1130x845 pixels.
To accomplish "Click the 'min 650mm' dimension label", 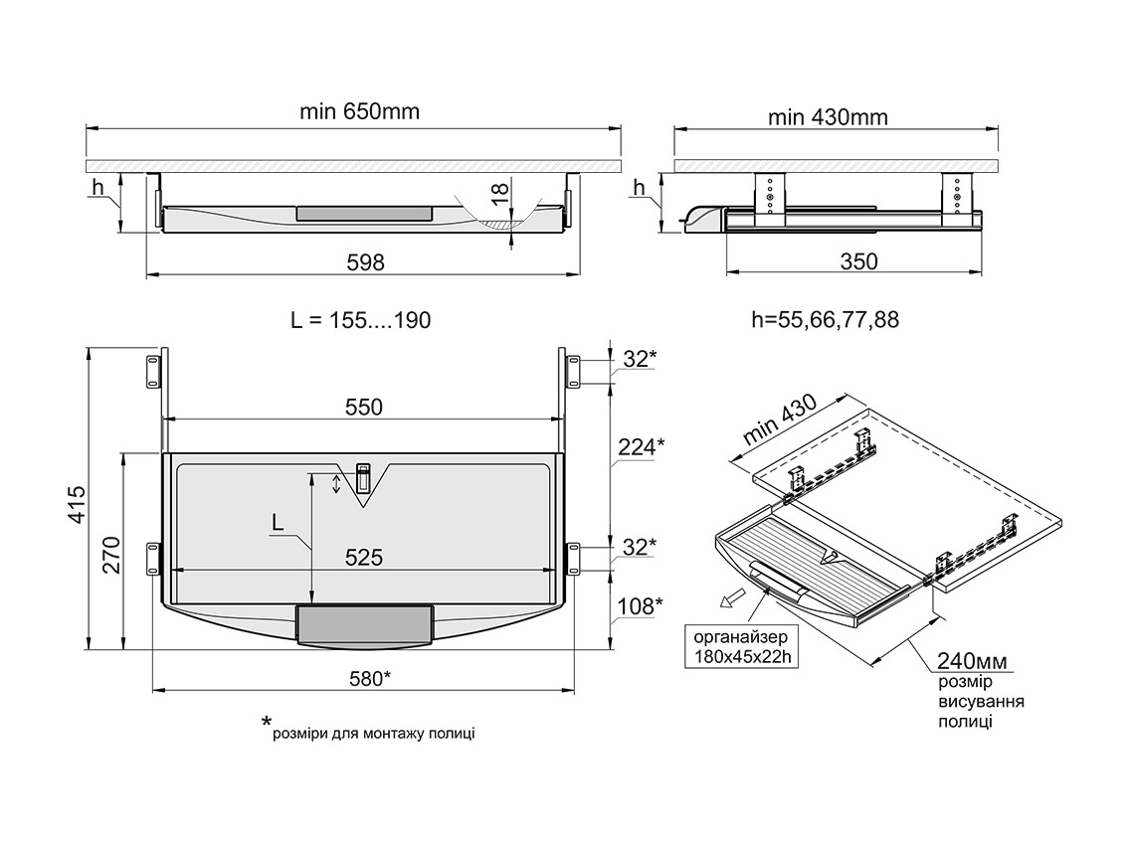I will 359,111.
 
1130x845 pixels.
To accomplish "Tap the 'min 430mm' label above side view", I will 828,117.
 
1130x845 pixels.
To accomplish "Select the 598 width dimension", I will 364,261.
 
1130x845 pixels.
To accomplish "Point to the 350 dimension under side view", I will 859,261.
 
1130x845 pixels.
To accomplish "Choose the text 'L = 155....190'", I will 360,320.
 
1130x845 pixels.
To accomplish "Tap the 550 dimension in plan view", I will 363,407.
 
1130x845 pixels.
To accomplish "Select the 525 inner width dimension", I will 364,558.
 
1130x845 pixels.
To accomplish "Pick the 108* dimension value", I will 639,605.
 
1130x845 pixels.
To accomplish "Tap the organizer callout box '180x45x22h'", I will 740,646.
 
